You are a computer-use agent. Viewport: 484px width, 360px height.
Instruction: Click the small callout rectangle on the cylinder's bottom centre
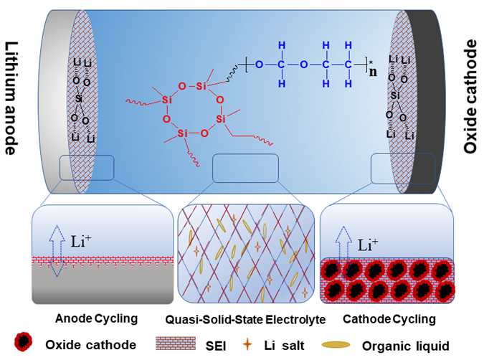[245, 169]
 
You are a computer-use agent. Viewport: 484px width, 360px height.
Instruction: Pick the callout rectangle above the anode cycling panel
[87, 167]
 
